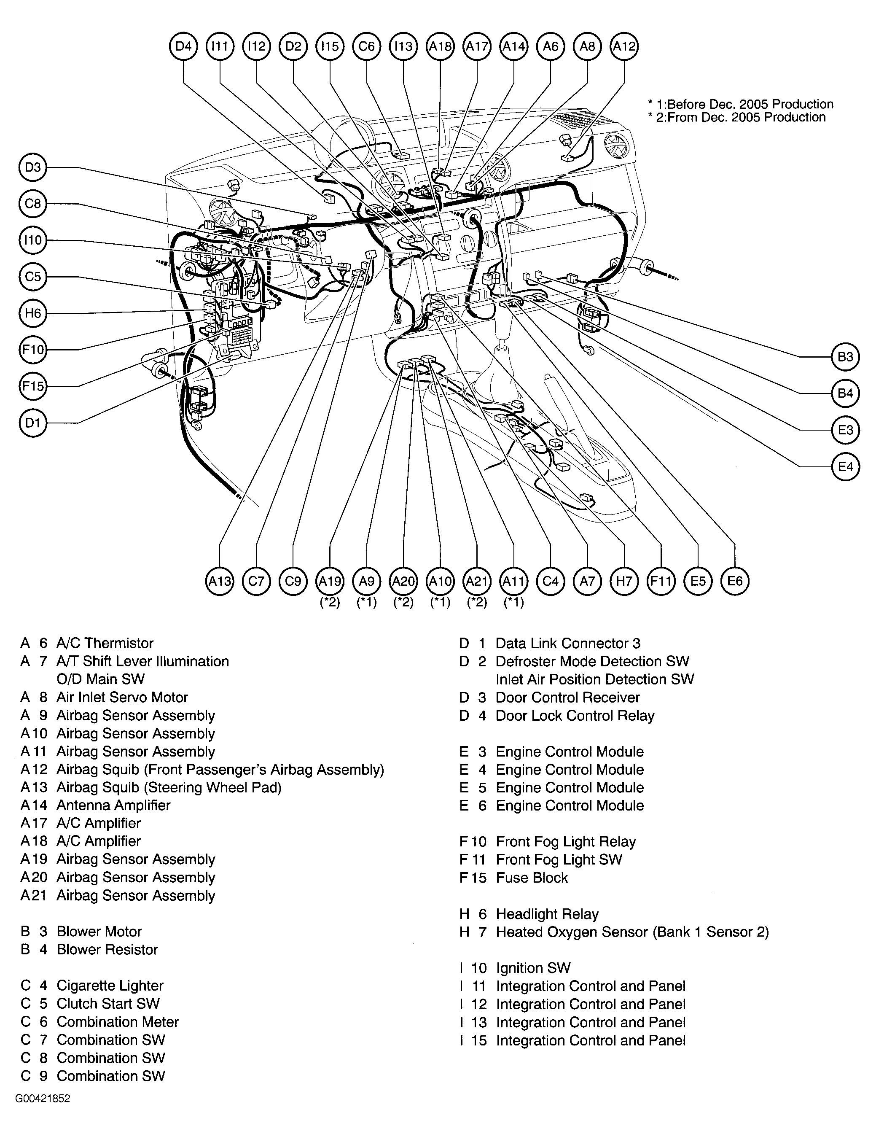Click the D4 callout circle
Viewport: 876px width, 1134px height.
coord(184,46)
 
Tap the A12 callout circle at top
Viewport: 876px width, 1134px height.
coord(624,46)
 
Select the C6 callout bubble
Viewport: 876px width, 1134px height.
coord(367,46)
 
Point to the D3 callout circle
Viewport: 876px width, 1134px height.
coord(33,167)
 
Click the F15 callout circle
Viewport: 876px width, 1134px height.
coord(33,386)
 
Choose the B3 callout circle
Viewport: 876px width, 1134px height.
coord(845,357)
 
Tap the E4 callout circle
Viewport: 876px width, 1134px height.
coord(845,467)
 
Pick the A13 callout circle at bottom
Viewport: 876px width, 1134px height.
coord(220,581)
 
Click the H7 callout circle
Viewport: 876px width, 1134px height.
coord(624,581)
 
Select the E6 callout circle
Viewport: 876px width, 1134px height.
coord(735,581)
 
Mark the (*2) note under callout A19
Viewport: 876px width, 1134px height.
coord(330,602)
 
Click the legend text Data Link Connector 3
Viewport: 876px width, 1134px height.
coord(568,643)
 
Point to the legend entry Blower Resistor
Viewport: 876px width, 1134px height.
coord(107,950)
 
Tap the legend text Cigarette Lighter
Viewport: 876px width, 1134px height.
coord(110,986)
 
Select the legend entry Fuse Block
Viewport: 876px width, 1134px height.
coord(532,878)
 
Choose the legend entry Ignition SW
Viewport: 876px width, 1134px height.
coord(533,968)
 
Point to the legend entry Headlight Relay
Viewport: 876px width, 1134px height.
coord(547,914)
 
